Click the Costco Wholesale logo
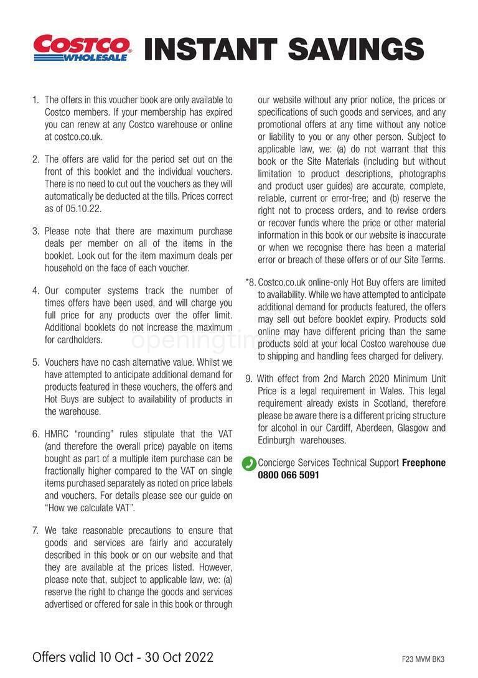pos(82,48)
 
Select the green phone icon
pos(249,463)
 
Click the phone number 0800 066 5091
pos(288,475)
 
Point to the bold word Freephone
pos(424,463)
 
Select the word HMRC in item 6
pos(59,434)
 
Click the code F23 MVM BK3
pos(423,659)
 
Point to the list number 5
pos(35,362)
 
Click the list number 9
pos(249,379)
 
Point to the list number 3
pos(35,231)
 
